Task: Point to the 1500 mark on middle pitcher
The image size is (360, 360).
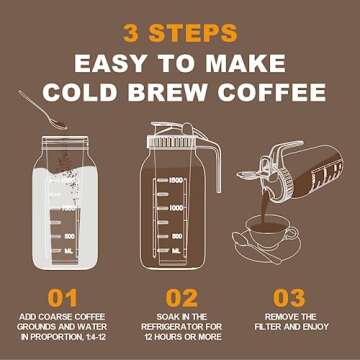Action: pyautogui.click(x=176, y=180)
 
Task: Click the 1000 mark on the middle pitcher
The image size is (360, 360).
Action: pyautogui.click(x=176, y=207)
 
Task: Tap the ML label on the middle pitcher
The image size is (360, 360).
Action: pyautogui.click(x=176, y=250)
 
